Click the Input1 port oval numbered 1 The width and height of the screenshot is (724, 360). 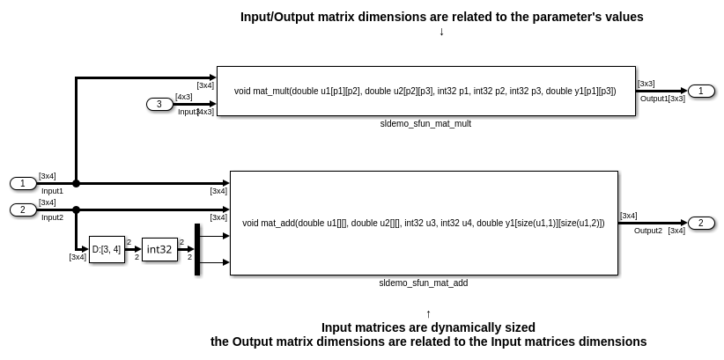tap(23, 184)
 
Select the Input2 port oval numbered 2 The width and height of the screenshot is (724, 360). tap(23, 210)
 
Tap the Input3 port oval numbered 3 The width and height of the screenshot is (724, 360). tap(159, 105)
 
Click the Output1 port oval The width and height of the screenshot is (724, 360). tap(701, 91)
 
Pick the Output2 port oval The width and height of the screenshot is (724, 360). tap(701, 223)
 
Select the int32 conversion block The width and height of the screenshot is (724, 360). tap(159, 249)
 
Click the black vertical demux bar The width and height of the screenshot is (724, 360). tap(197, 249)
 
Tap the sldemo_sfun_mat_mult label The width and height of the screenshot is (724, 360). tap(425, 124)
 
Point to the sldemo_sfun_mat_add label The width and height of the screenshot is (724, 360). tap(424, 283)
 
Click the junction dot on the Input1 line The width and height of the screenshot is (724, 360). tap(76, 184)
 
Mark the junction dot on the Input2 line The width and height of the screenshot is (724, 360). tap(76, 210)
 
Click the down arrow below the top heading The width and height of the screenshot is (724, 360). tap(441, 32)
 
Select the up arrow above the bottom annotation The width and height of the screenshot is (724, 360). tap(428, 314)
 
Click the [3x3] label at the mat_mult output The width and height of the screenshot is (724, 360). tap(646, 84)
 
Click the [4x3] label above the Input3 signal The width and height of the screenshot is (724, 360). tap(184, 97)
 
